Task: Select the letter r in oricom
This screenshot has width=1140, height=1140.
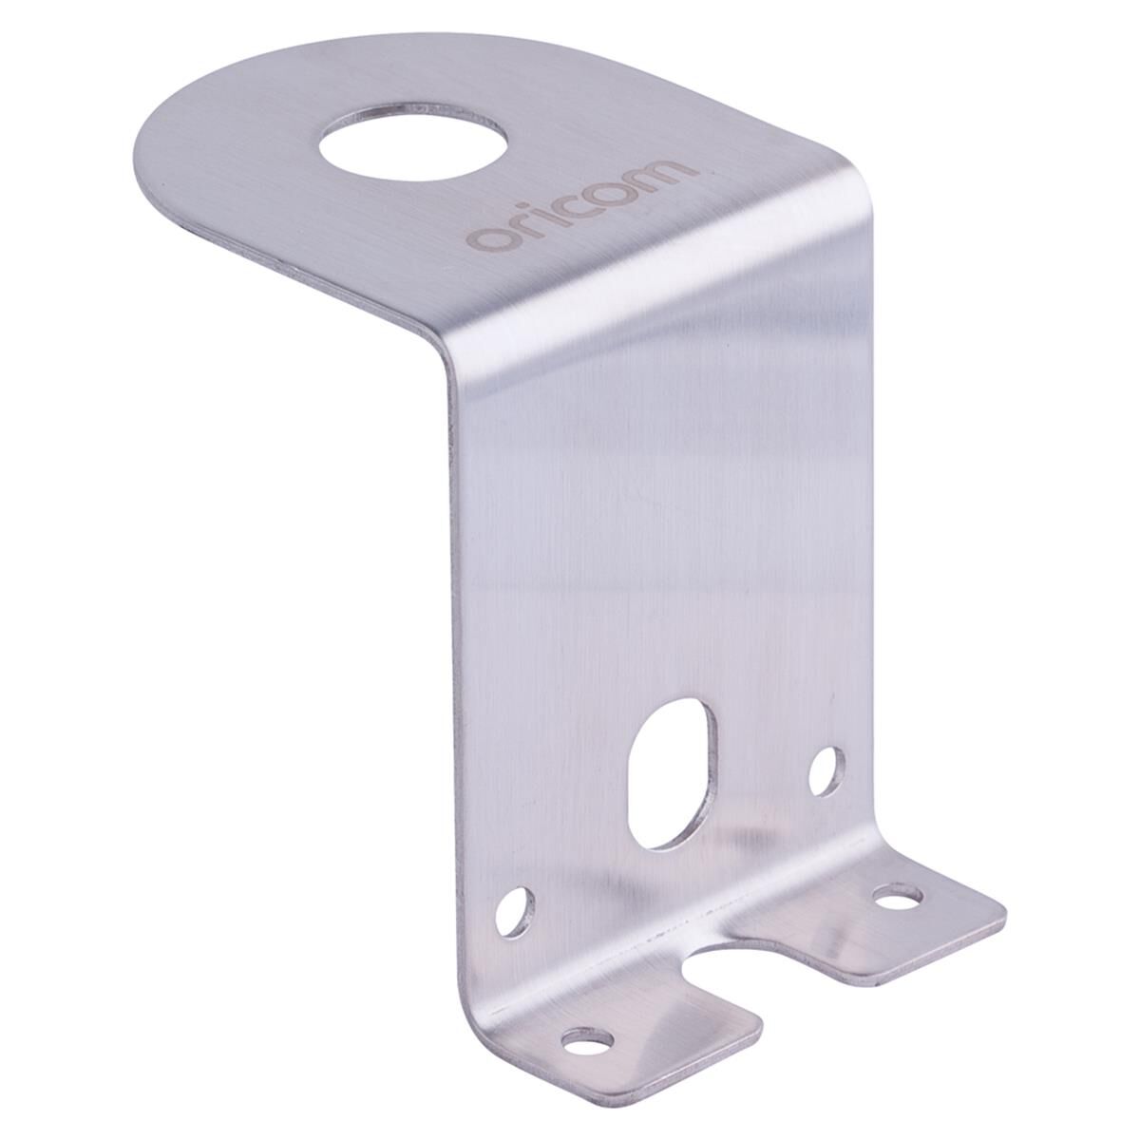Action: coord(528,224)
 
